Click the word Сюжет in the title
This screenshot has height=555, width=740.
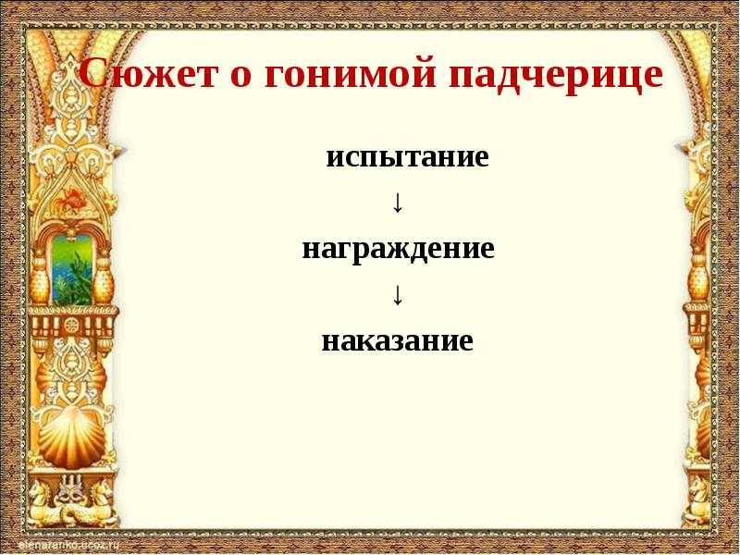[146, 74]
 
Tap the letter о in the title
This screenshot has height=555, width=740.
[241, 77]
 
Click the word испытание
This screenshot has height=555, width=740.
[407, 158]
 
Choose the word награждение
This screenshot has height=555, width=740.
[398, 250]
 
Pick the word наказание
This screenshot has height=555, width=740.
[398, 340]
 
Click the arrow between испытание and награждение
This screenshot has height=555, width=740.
[398, 203]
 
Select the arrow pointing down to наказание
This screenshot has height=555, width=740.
[398, 295]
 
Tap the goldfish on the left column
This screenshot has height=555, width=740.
[72, 198]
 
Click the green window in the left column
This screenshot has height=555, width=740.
[72, 269]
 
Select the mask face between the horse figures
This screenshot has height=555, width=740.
[73, 496]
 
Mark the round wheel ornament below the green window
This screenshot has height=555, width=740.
[72, 326]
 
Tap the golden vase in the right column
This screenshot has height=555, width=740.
[699, 281]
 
